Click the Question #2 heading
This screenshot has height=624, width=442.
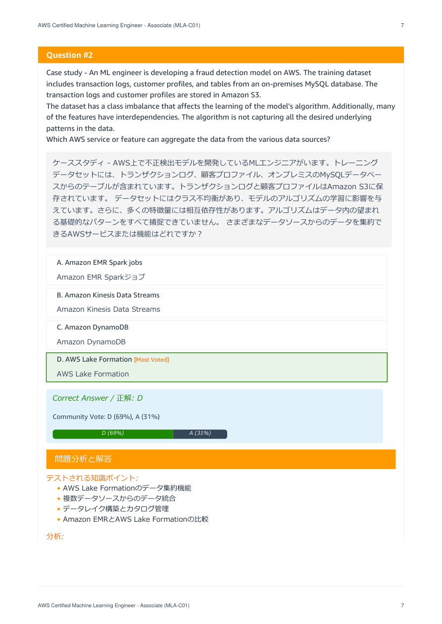pos(70,55)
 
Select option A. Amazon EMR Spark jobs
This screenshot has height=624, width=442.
pos(99,263)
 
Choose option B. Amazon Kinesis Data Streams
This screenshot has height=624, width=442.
pos(108,295)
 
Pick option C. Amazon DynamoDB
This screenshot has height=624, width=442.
pos(93,328)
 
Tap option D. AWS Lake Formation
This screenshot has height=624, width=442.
pos(95,360)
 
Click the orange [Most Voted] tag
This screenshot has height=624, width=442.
pos(151,360)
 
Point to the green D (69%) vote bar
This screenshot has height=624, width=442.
pos(113,434)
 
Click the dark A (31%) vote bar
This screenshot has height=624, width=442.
pos(200,434)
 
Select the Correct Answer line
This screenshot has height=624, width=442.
pos(98,398)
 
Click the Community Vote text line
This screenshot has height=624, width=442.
pos(106,417)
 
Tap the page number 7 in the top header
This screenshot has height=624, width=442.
pos(402,25)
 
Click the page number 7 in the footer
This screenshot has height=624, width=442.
pos(402,606)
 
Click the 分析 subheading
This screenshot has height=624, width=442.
pos(54,537)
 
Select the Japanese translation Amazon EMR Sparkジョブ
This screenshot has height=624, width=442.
pos(101,277)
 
